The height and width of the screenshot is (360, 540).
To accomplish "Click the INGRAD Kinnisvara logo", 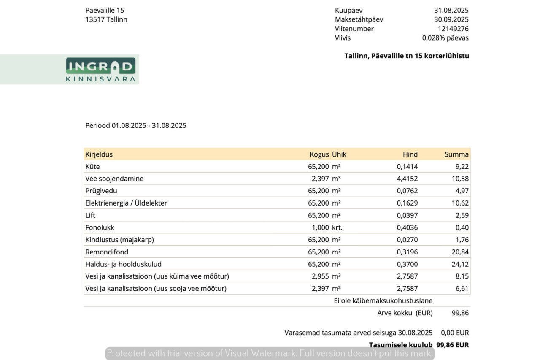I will tap(100, 70).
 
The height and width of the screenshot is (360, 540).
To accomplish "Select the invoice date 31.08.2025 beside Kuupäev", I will tap(451, 11).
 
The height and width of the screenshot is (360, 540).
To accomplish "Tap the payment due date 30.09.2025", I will tap(451, 19).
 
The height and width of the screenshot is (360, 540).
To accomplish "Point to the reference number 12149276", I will tap(453, 29).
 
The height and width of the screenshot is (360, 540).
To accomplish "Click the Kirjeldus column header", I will tap(99, 154).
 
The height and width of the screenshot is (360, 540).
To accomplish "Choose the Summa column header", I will tap(456, 154).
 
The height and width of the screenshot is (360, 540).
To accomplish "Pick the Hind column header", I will tap(410, 154).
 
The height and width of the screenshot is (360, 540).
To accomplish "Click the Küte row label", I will tap(93, 167).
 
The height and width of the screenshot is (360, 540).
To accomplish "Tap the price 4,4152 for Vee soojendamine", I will tap(407, 179).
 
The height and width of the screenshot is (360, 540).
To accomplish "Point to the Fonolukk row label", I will tap(100, 228).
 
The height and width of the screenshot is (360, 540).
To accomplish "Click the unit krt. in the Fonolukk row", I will tap(337, 228).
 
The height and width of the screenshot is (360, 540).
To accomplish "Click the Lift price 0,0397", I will tap(407, 216).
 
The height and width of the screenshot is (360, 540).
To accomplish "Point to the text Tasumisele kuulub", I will tap(401, 345).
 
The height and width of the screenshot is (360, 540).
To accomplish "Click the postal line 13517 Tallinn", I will tap(106, 19).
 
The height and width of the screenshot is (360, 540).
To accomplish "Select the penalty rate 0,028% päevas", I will tap(445, 38).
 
